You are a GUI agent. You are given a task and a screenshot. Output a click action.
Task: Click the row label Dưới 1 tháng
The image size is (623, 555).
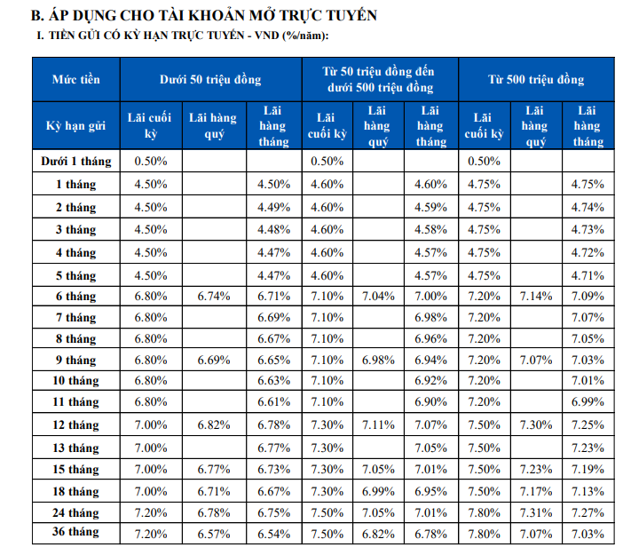tap(76, 161)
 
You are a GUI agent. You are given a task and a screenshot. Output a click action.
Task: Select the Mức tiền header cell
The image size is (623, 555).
tap(76, 80)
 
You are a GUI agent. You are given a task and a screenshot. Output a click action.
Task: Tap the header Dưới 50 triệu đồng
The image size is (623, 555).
tap(210, 80)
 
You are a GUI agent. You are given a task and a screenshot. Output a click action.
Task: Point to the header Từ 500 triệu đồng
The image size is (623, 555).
tap(536, 80)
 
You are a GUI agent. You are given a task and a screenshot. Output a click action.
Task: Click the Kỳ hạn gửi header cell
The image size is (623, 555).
tap(76, 126)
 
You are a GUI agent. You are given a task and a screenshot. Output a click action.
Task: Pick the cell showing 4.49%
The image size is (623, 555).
tap(273, 207)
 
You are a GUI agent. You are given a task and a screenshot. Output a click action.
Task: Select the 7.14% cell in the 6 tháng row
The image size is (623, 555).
tap(536, 297)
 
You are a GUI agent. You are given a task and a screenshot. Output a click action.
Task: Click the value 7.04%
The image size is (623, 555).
tap(378, 297)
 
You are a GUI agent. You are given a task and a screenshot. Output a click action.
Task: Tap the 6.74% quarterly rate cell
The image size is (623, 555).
tap(214, 297)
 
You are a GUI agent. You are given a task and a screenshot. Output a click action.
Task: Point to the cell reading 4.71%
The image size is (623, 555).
tap(588, 275)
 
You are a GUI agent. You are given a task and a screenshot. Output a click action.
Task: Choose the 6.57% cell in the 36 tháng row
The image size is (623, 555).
tap(214, 534)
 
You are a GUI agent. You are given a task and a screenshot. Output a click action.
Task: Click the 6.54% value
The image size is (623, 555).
tap(273, 534)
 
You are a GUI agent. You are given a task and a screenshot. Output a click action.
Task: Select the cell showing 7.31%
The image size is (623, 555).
tap(536, 512)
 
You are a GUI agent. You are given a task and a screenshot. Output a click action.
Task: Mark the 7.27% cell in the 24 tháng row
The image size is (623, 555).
tap(588, 512)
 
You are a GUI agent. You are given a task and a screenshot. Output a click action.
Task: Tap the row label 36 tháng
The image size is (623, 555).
tap(76, 532)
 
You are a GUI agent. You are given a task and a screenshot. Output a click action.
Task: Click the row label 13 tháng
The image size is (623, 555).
tap(76, 448)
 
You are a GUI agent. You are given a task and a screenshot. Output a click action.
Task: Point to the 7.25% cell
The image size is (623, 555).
tap(588, 425)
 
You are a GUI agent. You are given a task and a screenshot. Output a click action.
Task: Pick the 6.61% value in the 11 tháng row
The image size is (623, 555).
tap(273, 402)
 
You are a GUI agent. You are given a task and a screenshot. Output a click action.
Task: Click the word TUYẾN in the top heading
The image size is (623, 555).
tap(351, 15)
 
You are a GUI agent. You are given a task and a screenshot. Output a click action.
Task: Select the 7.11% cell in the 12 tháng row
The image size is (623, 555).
tap(378, 425)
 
